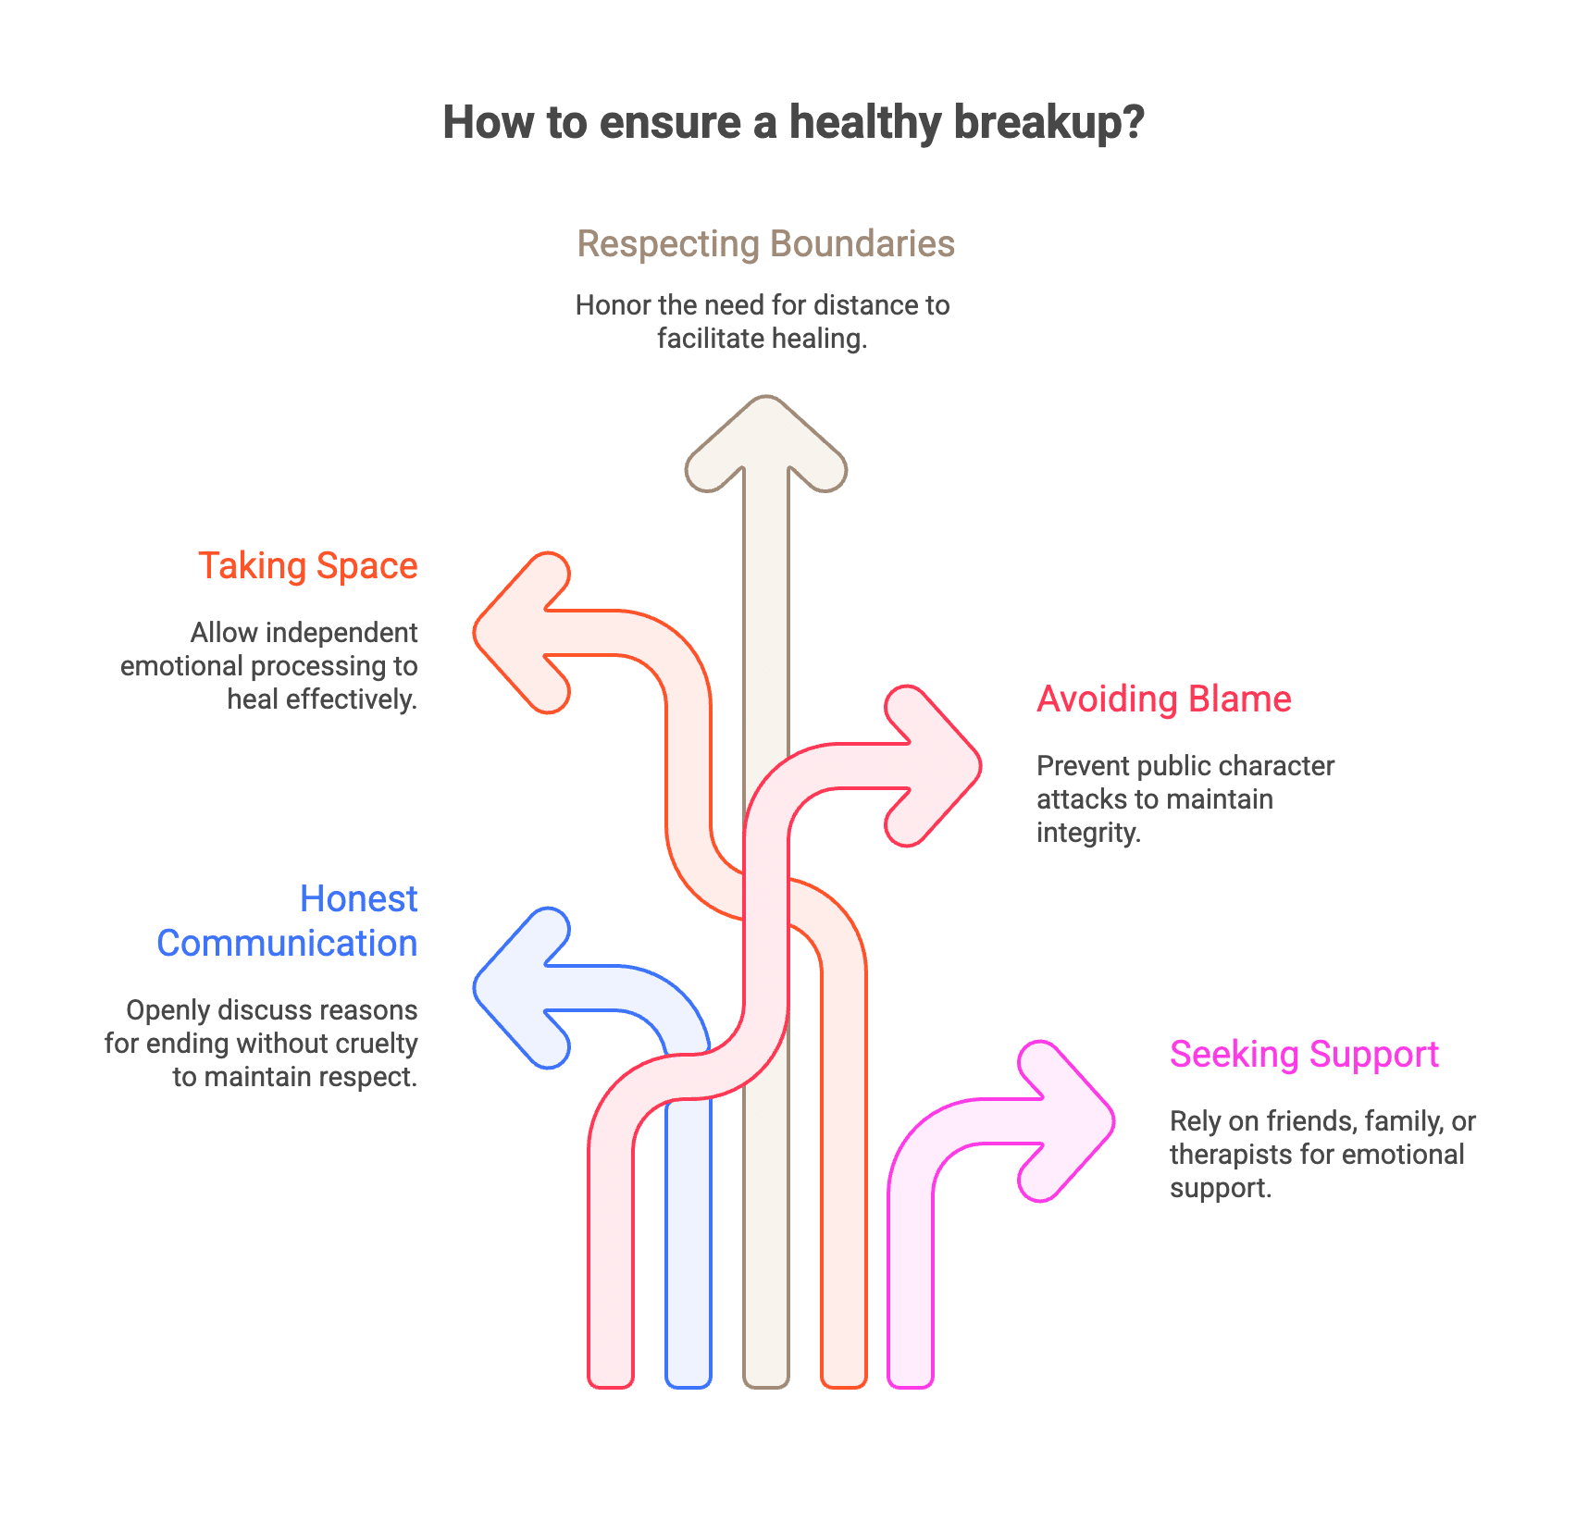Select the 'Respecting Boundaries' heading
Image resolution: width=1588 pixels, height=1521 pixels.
pos(765,244)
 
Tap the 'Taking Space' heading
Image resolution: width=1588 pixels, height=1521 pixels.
pos(307,566)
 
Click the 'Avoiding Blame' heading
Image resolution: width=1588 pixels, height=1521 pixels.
pos(1163,699)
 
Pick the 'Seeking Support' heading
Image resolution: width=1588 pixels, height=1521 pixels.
pos(1304,1055)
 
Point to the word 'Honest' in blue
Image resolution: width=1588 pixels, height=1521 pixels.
pos(358,899)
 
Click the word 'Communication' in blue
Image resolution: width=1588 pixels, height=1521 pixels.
pos(287,944)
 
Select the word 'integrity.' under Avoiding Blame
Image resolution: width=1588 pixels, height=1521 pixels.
pos(1088,833)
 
